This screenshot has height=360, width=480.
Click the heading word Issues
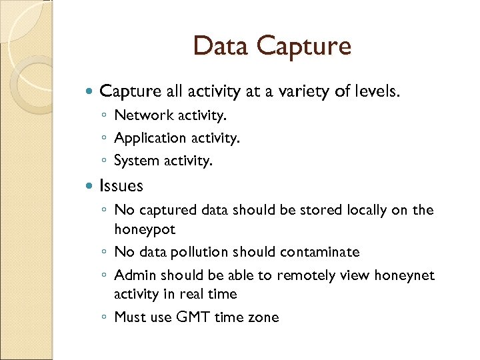pos(121,185)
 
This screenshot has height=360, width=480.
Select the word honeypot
pos(145,229)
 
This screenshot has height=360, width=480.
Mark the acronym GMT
pos(193,317)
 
